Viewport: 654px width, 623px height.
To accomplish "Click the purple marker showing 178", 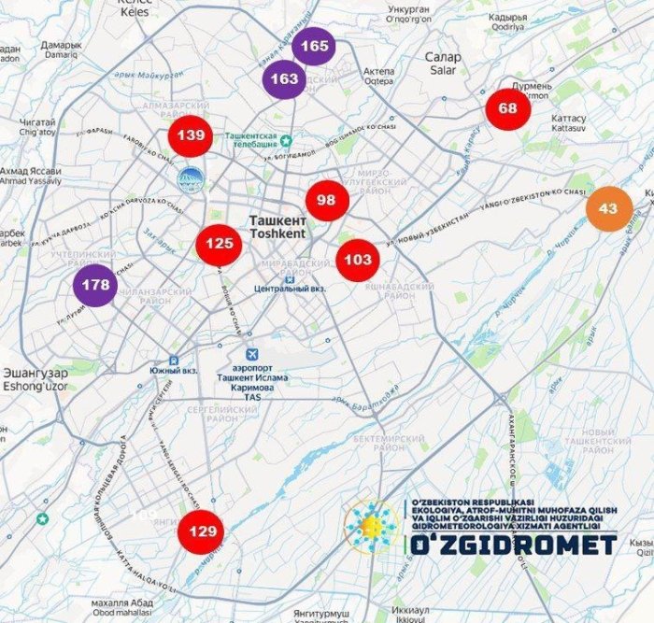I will click(x=95, y=285).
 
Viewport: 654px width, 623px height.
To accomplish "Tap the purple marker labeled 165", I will click(x=315, y=46).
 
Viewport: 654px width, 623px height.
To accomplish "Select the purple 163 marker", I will click(x=284, y=79).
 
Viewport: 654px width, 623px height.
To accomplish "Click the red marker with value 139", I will click(x=191, y=136).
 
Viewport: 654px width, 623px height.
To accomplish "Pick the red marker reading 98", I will click(x=326, y=200).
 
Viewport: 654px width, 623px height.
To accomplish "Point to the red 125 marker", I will click(x=220, y=244).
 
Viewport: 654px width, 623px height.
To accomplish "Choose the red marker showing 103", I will click(x=358, y=259).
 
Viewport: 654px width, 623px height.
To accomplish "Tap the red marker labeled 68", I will click(x=508, y=108).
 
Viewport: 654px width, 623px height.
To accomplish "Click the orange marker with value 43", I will click(x=608, y=208).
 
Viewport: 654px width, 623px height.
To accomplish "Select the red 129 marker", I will click(x=202, y=531).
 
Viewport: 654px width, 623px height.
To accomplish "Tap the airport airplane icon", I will click(x=250, y=356).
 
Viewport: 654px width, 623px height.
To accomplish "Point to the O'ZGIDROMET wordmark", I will click(x=510, y=545).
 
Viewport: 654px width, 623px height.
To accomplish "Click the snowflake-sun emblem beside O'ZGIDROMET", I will click(x=371, y=530).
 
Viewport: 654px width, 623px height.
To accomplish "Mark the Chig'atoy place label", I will click(x=37, y=133).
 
